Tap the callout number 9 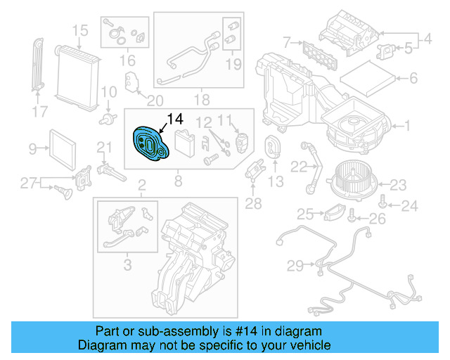coord(32,148)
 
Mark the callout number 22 coord(298,167)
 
